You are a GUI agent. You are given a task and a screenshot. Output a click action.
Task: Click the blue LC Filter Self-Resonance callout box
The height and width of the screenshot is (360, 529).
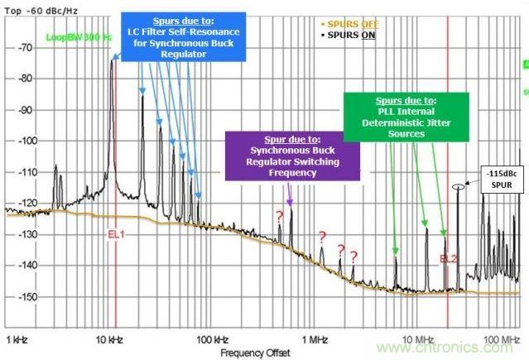point(176,36)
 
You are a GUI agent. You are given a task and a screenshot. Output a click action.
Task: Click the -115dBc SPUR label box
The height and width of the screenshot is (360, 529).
point(495,177)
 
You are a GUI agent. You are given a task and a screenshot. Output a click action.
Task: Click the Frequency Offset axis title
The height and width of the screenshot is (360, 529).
point(255,353)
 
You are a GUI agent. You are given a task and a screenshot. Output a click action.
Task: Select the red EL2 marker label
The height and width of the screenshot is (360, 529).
point(448,258)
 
